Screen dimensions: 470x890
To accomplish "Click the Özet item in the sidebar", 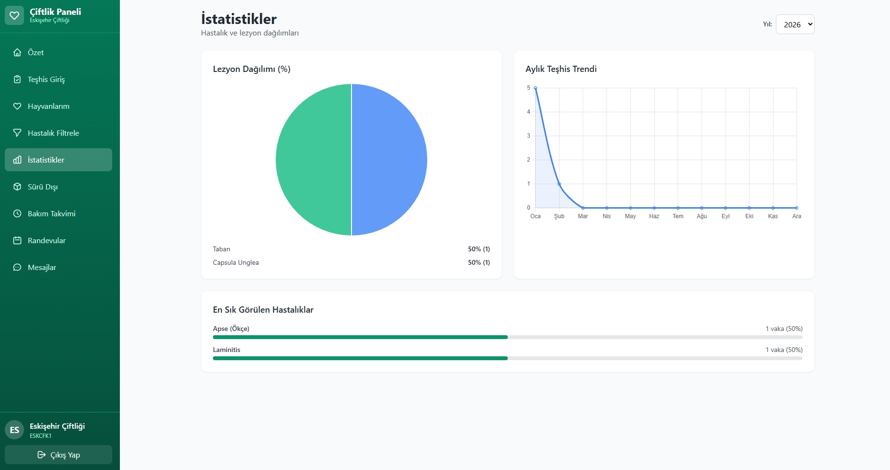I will click(35, 52).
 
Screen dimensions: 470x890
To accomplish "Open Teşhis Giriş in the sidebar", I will click(46, 79).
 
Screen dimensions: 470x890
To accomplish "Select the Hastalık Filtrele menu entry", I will click(53, 133).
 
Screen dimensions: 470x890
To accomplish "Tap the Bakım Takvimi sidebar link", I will click(51, 213).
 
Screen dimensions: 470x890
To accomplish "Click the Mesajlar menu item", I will click(42, 267).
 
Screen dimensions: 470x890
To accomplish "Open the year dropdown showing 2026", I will click(795, 24).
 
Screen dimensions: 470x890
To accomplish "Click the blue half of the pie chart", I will click(389, 160).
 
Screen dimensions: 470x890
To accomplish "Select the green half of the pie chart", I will click(314, 160).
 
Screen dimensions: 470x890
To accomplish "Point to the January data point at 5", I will click(535, 88).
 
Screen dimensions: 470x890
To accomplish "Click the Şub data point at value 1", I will click(559, 184).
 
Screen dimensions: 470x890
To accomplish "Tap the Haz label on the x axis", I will click(654, 216).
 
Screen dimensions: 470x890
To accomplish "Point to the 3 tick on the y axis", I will click(528, 136).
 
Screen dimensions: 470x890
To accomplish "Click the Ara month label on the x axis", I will click(796, 216).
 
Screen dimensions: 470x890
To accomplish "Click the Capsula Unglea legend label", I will click(235, 262).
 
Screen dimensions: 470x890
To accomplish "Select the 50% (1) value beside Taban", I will click(479, 249).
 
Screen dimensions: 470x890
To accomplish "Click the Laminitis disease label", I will click(226, 350).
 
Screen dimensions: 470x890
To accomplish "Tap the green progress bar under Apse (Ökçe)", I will click(360, 337).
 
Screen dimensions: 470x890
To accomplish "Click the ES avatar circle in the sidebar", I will click(14, 430).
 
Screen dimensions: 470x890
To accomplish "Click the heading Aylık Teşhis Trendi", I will click(561, 69).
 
